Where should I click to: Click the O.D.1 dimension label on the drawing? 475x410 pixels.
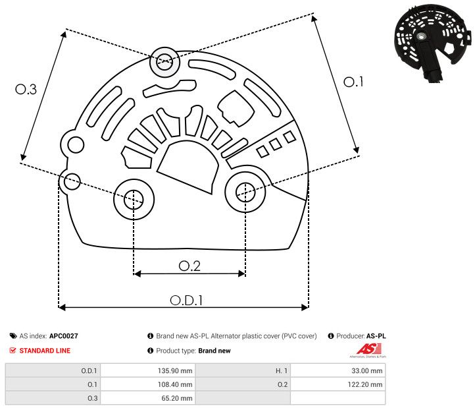tap(186, 299)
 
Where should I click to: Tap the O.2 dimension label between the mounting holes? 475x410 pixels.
tap(189, 266)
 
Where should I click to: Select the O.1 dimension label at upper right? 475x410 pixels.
tap(354, 82)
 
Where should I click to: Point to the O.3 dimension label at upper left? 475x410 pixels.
tap(26, 90)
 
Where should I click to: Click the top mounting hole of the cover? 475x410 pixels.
tap(162, 63)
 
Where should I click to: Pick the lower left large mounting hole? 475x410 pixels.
tap(134, 197)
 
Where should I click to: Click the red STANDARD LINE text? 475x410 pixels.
tap(45, 351)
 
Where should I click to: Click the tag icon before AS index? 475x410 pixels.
tap(13, 336)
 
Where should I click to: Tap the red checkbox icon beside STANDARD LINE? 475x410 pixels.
tap(13, 351)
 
